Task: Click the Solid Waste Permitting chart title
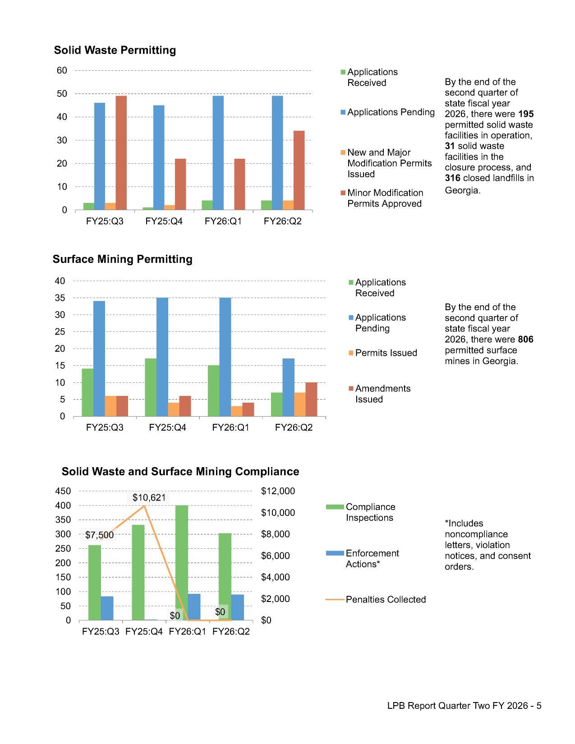(x=115, y=50)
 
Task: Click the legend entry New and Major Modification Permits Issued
(x=389, y=163)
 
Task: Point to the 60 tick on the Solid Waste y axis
(x=62, y=70)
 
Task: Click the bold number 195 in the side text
(x=526, y=114)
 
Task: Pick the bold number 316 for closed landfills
(x=452, y=178)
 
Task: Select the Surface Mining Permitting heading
(x=122, y=259)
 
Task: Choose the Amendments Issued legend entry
(x=382, y=394)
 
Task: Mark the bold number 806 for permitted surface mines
(x=525, y=340)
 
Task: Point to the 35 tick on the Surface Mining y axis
(x=60, y=298)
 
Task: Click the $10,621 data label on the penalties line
(x=149, y=498)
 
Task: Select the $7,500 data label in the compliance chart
(x=99, y=535)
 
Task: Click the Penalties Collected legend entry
(x=385, y=600)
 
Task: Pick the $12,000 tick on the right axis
(x=278, y=491)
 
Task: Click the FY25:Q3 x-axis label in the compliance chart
(x=101, y=632)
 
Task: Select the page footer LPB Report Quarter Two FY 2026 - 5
(x=464, y=706)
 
